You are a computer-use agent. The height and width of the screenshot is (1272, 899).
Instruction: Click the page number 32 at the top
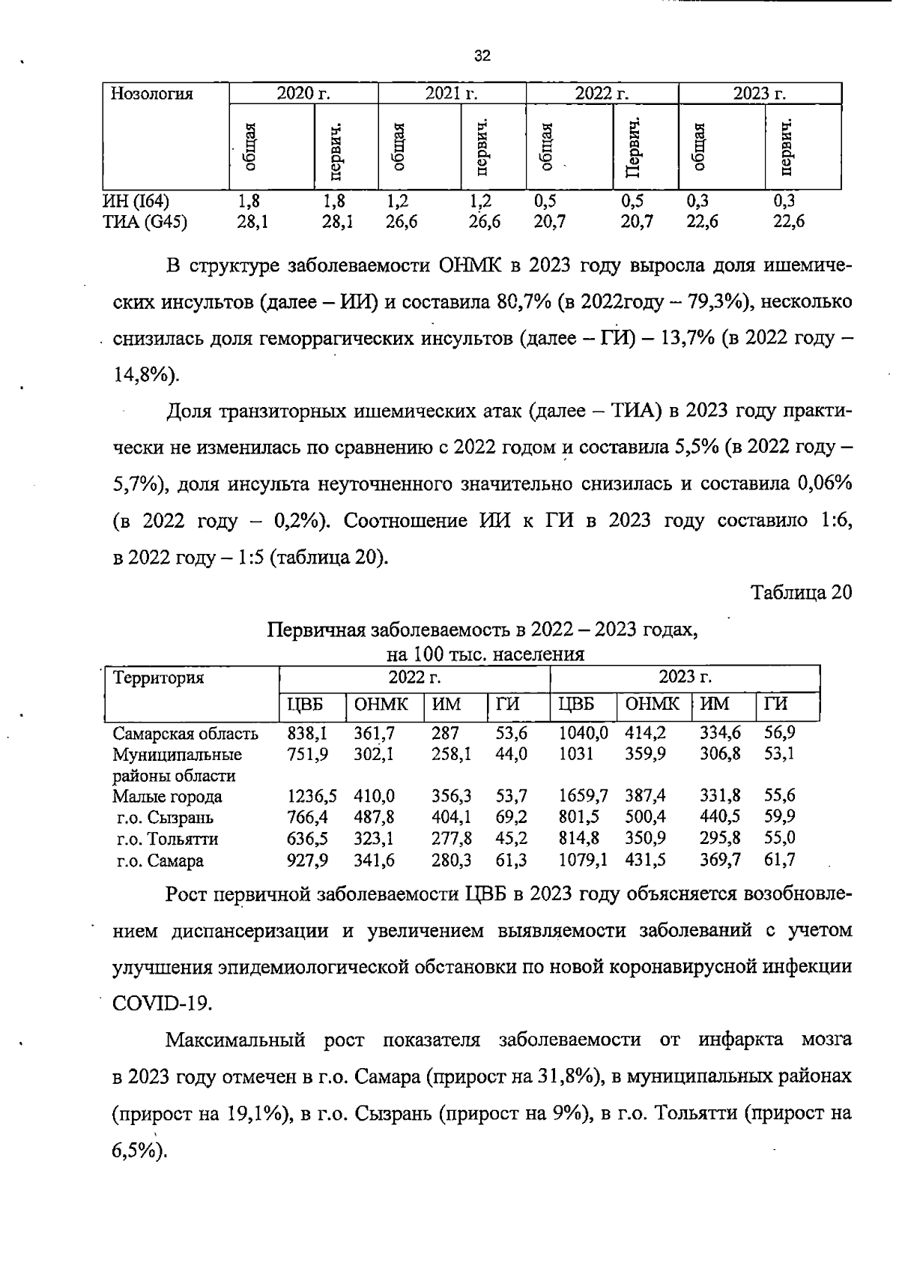click(x=482, y=55)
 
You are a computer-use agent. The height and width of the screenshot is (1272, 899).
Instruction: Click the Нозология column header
click(x=151, y=94)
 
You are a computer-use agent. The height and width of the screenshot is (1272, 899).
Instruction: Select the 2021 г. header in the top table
click(x=451, y=94)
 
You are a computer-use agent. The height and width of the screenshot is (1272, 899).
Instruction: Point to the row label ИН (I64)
click(x=136, y=202)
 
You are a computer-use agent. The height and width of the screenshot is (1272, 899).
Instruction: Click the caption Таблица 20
click(x=802, y=592)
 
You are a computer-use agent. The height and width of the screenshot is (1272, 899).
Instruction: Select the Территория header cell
click(x=158, y=678)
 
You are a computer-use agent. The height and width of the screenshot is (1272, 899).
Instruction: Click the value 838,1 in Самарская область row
click(x=307, y=733)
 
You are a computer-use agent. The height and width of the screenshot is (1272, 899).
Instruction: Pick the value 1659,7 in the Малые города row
click(x=583, y=796)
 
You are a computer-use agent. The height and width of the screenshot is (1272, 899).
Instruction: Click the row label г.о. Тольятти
click(x=167, y=840)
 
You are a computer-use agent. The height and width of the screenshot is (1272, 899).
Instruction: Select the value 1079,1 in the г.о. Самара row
click(x=583, y=860)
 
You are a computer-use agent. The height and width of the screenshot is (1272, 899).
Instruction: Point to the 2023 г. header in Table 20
click(x=684, y=678)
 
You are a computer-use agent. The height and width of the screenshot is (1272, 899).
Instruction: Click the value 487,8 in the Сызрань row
click(x=374, y=818)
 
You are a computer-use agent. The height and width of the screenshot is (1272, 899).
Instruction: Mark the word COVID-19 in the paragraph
click(x=162, y=1003)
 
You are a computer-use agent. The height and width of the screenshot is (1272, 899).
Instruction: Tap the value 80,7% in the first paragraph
click(x=524, y=302)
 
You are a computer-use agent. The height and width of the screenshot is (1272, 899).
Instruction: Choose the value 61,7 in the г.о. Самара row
click(x=779, y=860)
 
